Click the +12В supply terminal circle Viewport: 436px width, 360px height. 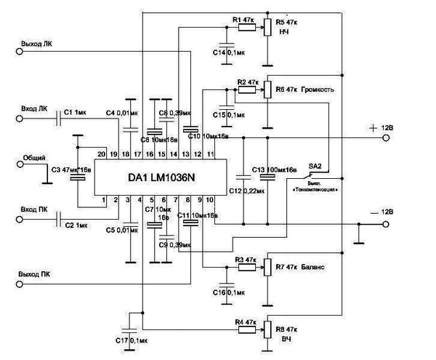coord(387,137)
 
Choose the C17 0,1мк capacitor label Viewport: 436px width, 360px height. coord(131,340)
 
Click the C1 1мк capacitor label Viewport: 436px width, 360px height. coord(75,113)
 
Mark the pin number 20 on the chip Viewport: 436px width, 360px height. coord(102,154)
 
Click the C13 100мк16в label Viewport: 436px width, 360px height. coord(274,169)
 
